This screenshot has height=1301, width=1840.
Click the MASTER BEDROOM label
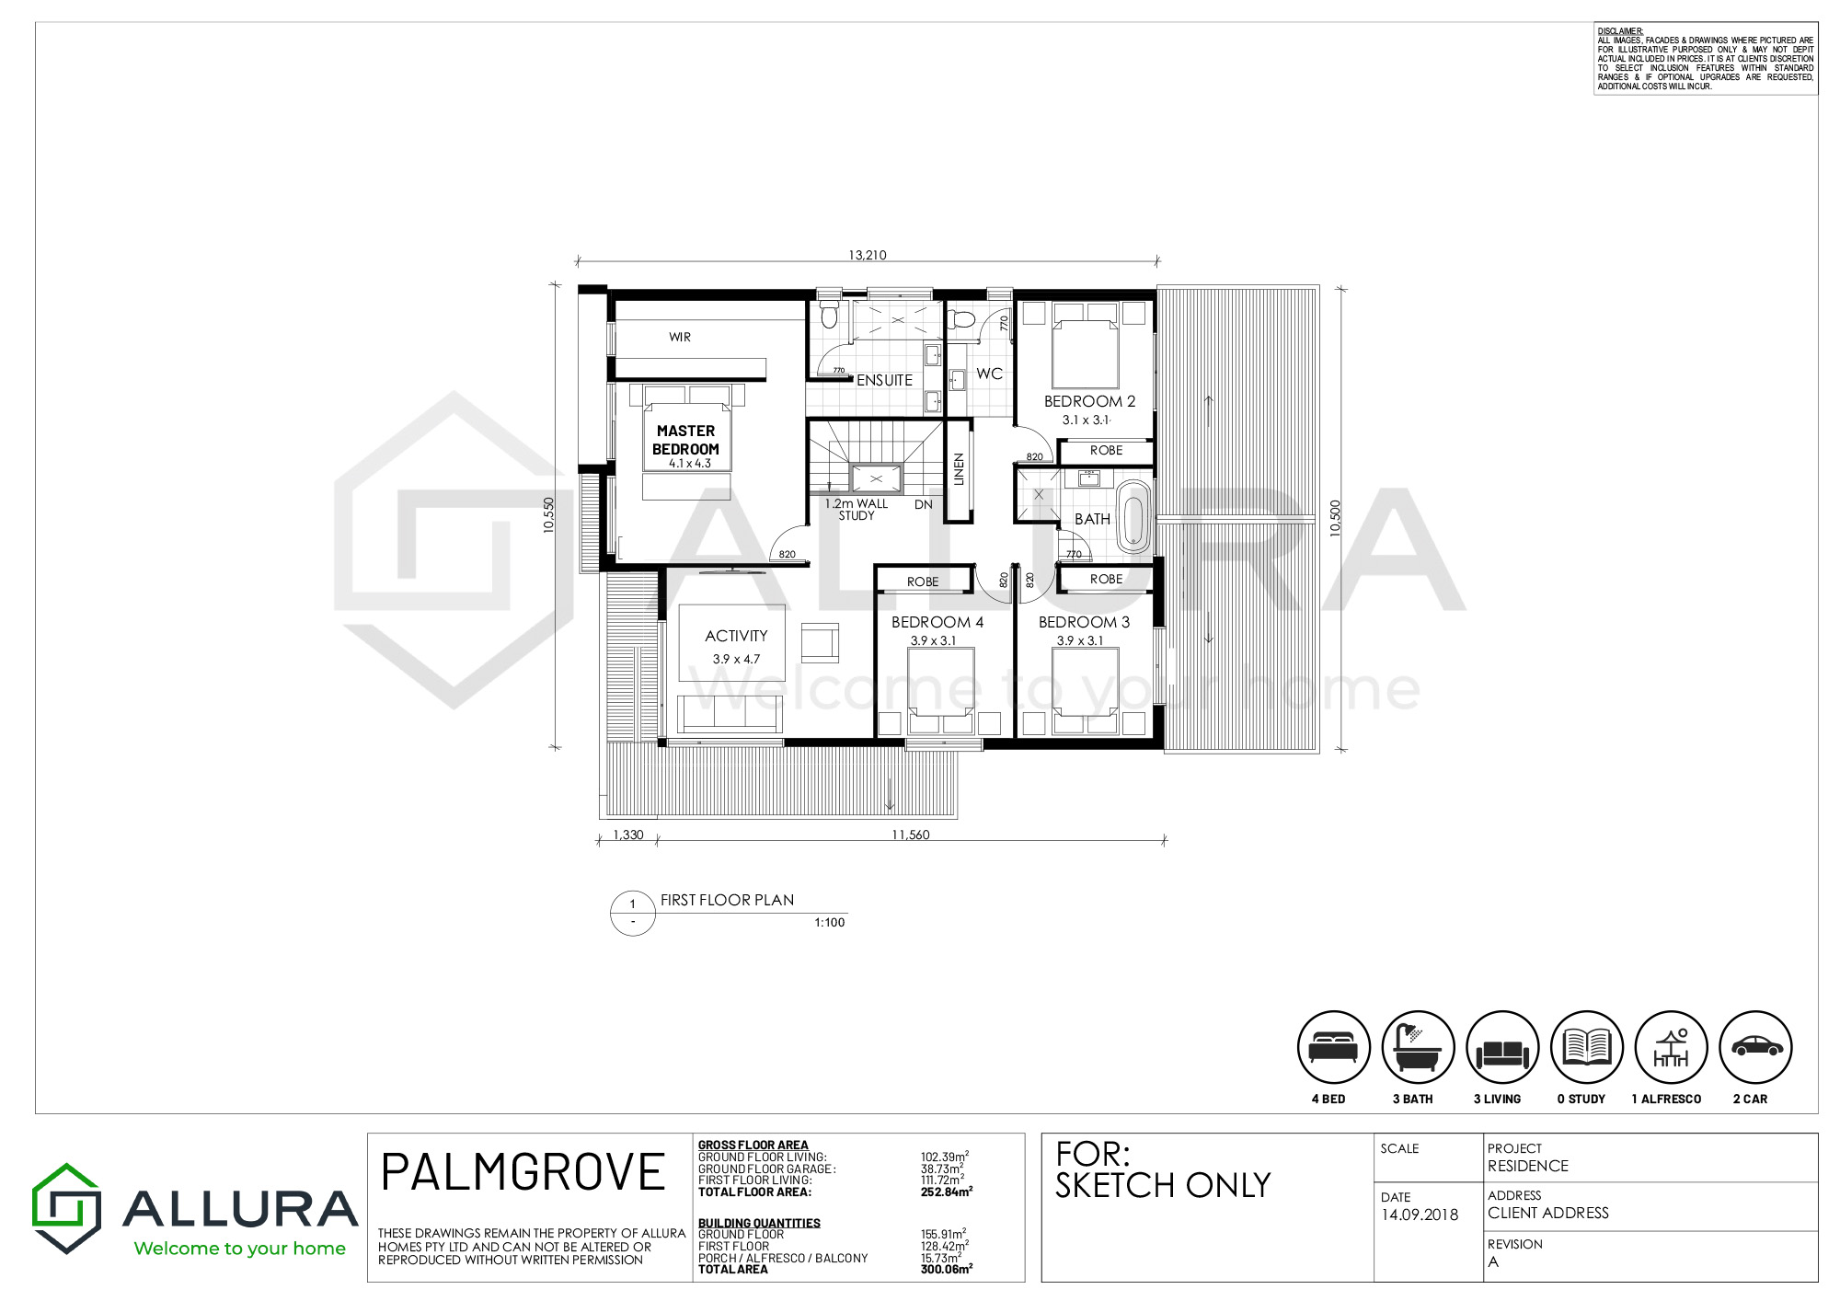click(685, 440)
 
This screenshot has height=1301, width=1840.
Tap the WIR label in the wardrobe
click(680, 338)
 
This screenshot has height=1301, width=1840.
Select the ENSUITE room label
click(884, 380)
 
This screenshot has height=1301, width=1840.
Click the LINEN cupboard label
click(959, 469)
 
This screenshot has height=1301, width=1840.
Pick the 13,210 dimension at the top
click(868, 255)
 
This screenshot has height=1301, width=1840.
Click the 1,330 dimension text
click(628, 835)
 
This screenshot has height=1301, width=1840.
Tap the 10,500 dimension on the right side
click(1336, 518)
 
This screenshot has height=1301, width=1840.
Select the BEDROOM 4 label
click(937, 622)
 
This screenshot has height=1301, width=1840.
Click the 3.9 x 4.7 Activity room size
click(736, 659)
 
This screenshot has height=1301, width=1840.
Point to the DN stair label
click(924, 504)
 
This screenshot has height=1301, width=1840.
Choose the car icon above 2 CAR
click(1755, 1047)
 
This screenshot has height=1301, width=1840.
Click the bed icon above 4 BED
click(1333, 1047)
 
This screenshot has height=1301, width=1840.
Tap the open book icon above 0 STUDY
click(1586, 1047)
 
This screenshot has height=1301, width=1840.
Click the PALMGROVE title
click(523, 1172)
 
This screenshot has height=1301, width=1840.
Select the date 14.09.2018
click(1420, 1215)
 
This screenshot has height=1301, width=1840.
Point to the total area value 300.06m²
click(947, 1269)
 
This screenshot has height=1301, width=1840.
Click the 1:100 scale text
click(829, 922)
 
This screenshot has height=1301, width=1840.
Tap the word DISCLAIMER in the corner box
click(1620, 31)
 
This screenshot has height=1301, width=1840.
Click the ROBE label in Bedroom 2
click(1106, 450)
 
